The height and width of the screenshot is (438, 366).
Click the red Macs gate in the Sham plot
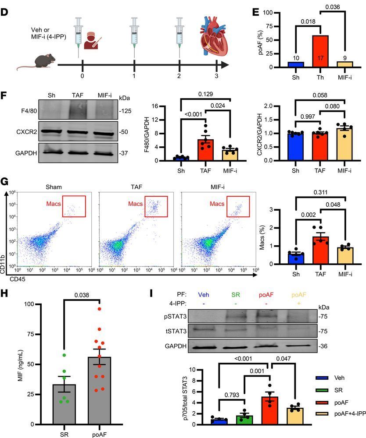pyautogui.click(x=74, y=205)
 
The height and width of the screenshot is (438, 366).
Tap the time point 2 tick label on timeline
pyautogui.click(x=179, y=75)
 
